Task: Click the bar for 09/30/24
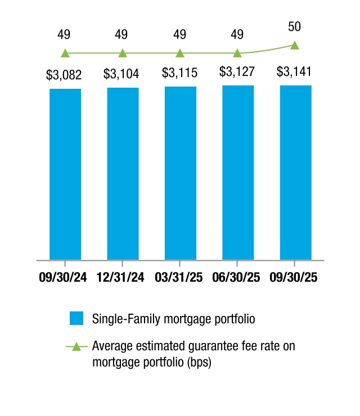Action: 65,174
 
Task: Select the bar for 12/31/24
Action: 123,174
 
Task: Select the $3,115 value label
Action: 180,74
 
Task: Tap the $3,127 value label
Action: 237,73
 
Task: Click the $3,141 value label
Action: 295,73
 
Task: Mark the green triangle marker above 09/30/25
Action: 295,45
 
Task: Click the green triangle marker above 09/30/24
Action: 65,53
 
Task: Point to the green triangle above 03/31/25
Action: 180,53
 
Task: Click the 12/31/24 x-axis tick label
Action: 123,278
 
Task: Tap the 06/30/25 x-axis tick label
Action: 237,278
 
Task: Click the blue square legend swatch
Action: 76,318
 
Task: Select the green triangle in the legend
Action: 76,347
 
